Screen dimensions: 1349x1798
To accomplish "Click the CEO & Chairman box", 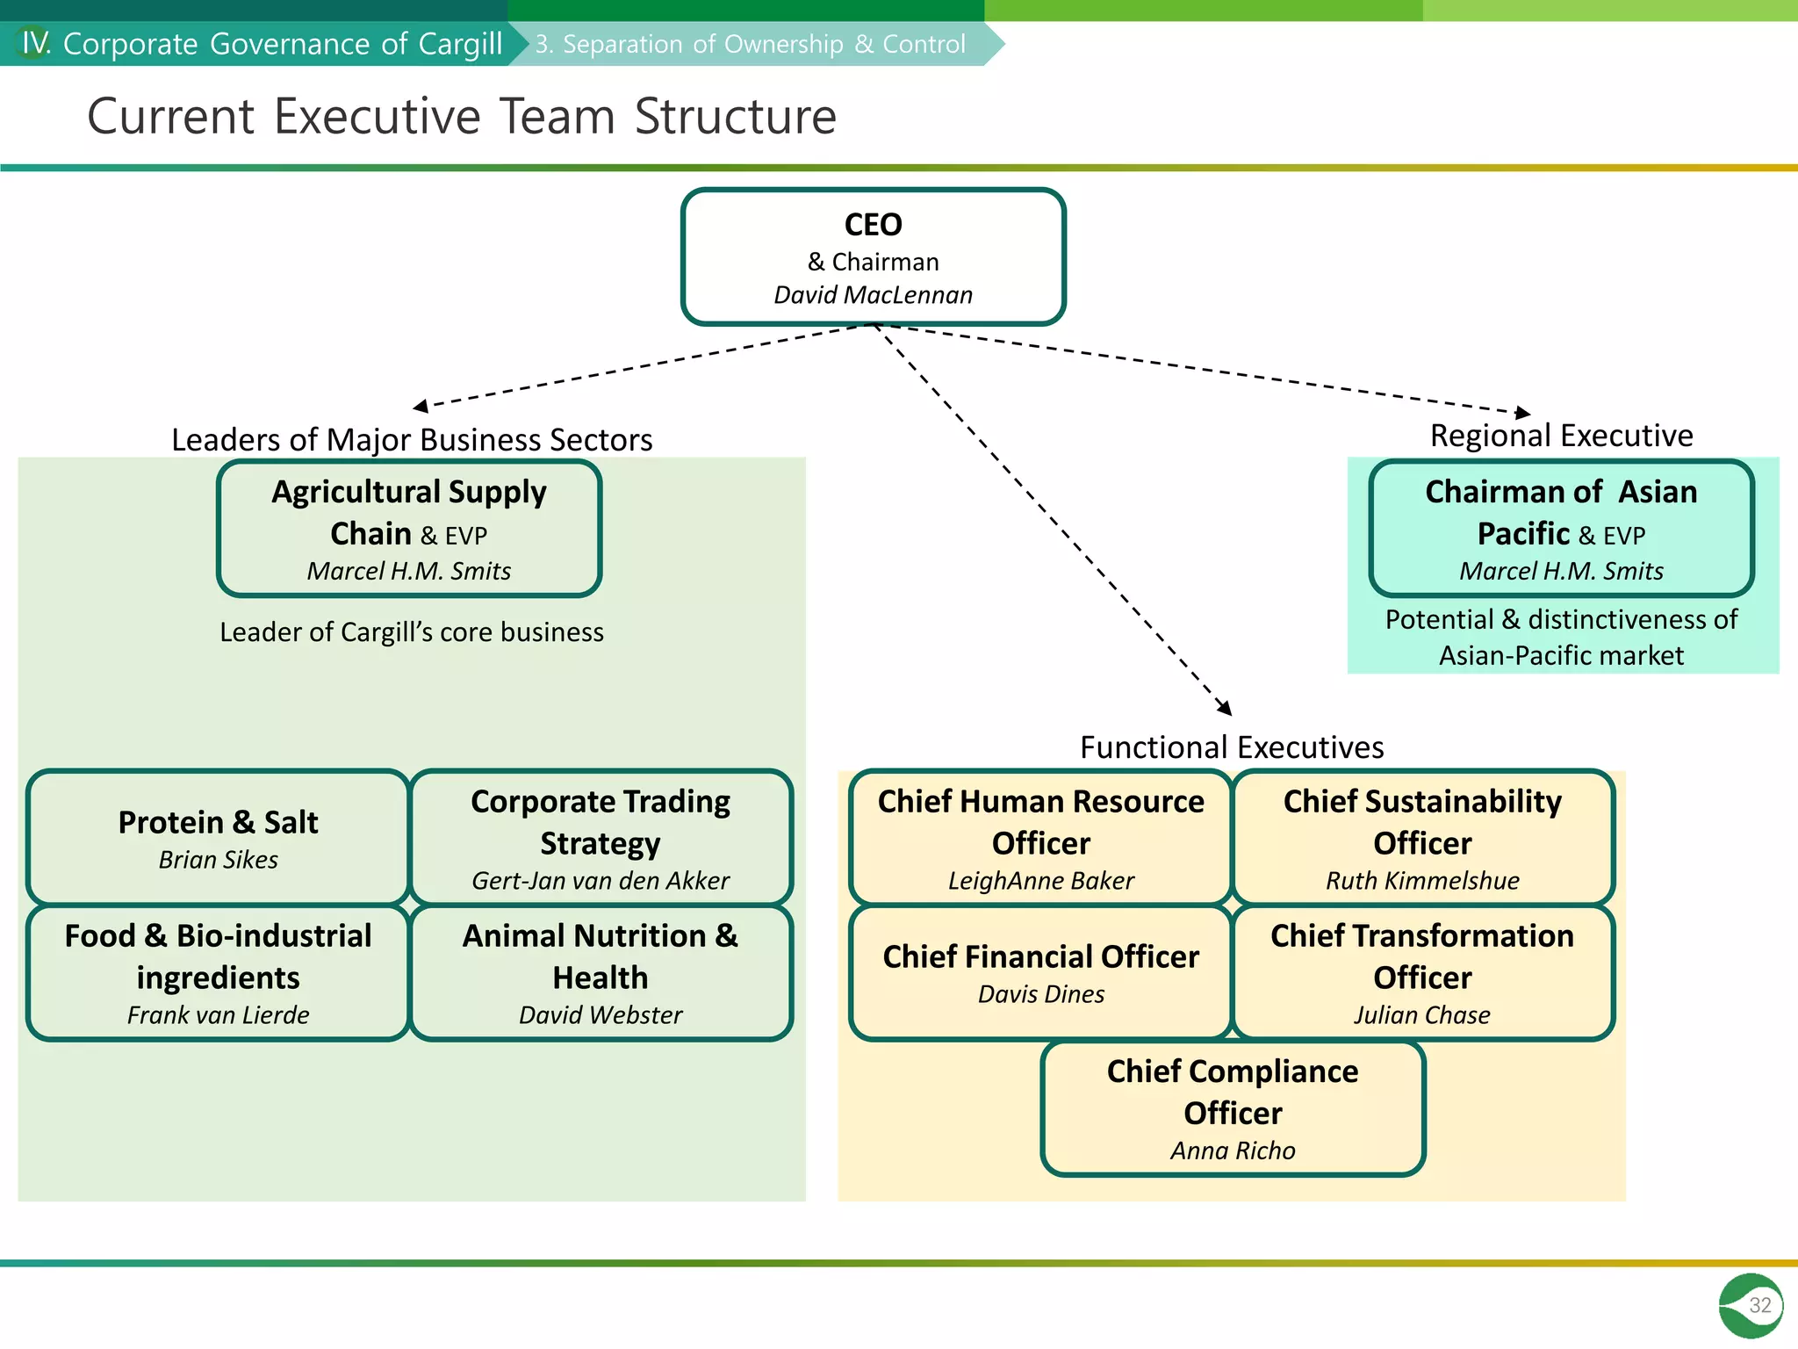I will tap(873, 256).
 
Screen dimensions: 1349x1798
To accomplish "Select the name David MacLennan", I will tap(873, 295).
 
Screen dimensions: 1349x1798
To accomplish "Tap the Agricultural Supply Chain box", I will tap(409, 528).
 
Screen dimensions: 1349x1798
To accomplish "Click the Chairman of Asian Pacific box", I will tap(1561, 528).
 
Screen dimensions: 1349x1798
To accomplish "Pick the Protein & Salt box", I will tap(218, 837).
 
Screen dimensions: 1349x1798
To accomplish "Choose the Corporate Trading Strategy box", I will tap(601, 837).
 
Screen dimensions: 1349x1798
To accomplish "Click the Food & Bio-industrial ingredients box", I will tap(218, 972).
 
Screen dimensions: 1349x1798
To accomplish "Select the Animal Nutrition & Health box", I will tap(601, 972).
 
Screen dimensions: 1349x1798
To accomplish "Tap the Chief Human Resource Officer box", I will tap(1040, 837).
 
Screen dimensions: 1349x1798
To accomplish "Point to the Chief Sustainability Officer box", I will tap(1422, 837).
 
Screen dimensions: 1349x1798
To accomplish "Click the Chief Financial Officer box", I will tap(1040, 972).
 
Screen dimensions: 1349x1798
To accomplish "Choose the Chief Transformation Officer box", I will tap(1422, 972).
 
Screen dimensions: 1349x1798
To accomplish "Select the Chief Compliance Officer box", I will tap(1232, 1107).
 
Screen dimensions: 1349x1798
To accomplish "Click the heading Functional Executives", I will tap(1232, 747).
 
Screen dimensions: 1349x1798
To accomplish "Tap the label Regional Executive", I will tap(1561, 436).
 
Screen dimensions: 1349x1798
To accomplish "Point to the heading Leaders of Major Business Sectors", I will tap(412, 439).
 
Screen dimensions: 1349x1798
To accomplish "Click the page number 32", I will tap(1759, 1305).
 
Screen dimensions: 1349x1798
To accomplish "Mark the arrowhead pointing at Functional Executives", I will tap(1226, 709).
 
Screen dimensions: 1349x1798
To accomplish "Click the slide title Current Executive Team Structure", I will tap(462, 116).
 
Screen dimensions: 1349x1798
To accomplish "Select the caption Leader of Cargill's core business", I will tap(412, 632).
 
